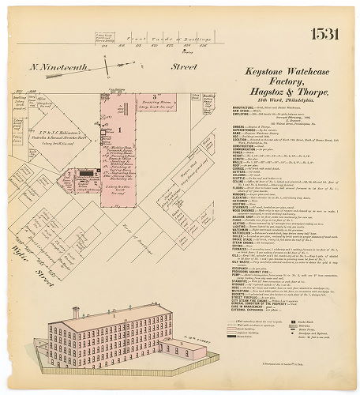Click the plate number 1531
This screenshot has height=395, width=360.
point(325,34)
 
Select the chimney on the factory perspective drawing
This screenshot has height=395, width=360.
point(76,314)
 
